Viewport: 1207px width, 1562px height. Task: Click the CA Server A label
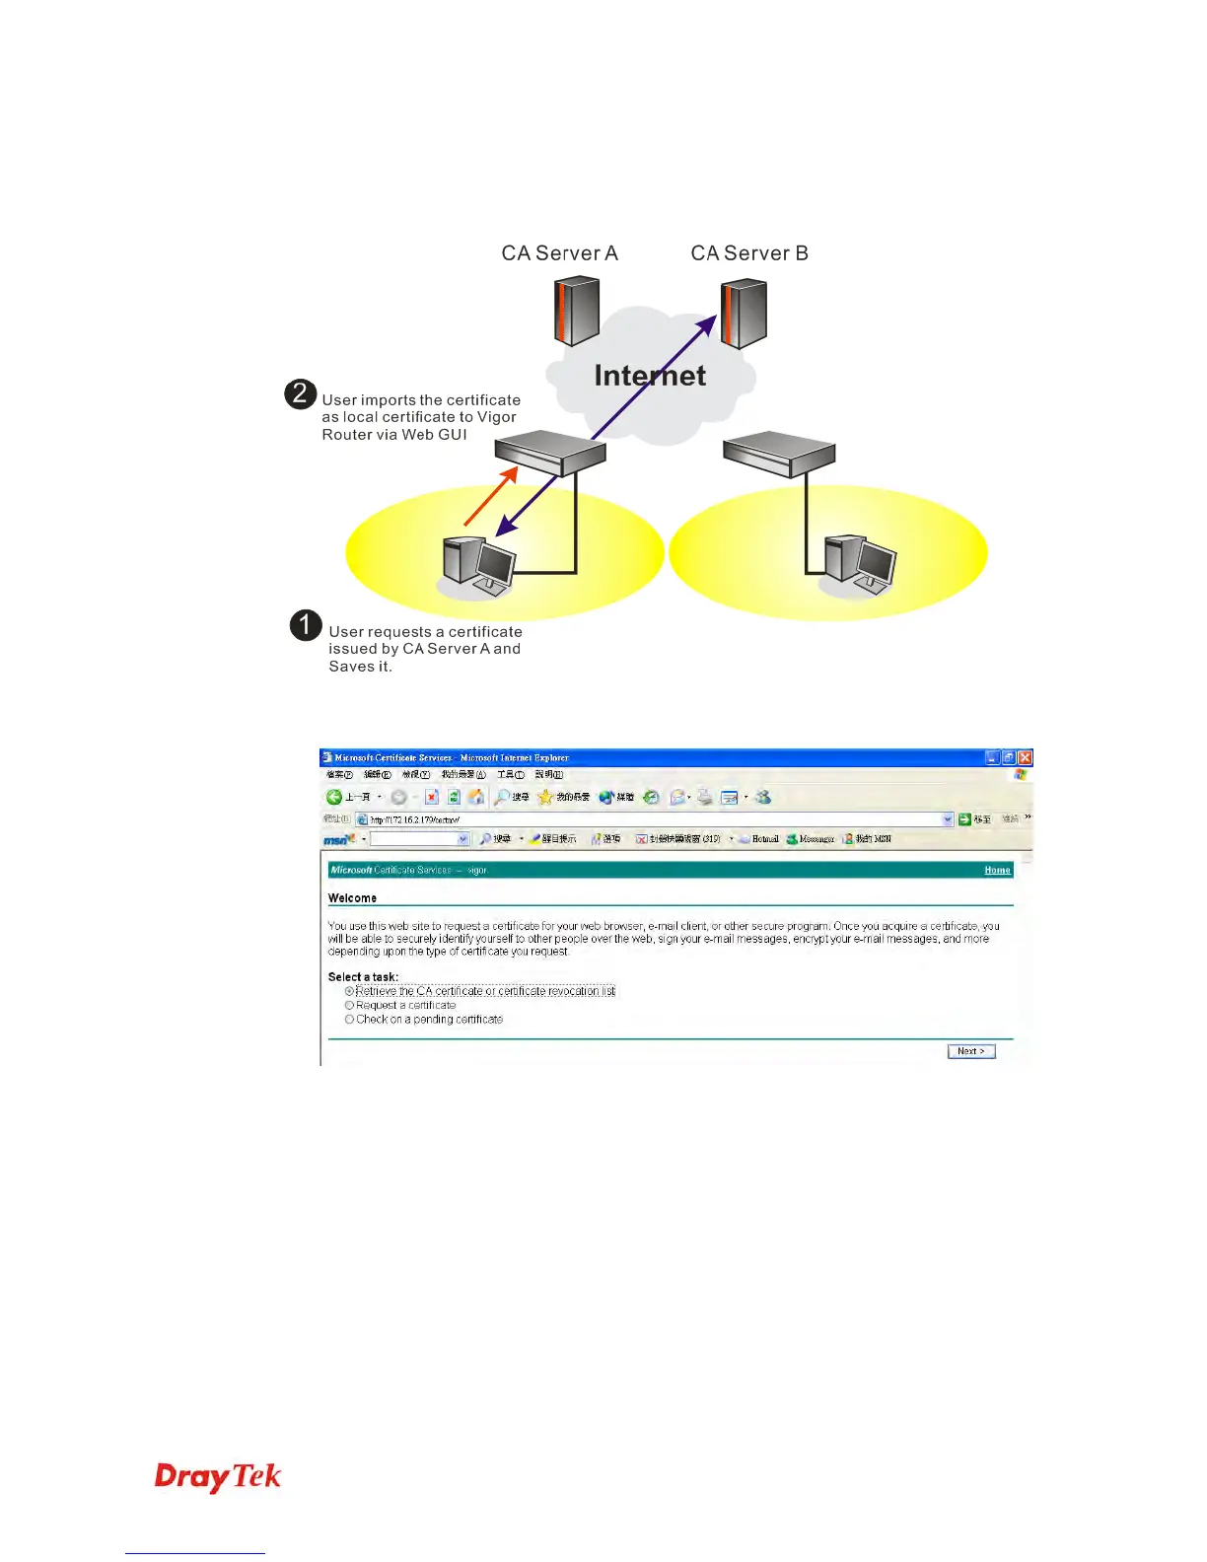point(559,253)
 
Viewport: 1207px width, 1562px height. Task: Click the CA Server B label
point(749,253)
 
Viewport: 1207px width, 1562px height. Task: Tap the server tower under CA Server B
point(745,314)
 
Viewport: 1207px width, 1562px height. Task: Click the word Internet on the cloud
point(650,376)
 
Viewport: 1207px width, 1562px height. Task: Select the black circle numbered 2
point(301,394)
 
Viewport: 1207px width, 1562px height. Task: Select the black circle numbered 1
point(306,625)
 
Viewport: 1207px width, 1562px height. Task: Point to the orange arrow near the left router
point(490,496)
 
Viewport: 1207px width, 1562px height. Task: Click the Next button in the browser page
point(971,1051)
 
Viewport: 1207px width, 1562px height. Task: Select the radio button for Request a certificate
point(349,1006)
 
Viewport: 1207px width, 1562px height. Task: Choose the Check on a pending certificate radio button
point(349,1020)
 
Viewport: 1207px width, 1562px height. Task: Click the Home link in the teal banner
point(997,870)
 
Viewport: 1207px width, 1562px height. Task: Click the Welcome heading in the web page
point(352,898)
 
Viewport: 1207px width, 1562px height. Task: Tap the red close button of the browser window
point(1025,757)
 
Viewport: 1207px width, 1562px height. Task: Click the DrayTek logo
point(218,1477)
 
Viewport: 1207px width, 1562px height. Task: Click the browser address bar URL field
point(651,819)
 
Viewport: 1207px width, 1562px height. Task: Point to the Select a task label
point(363,977)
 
